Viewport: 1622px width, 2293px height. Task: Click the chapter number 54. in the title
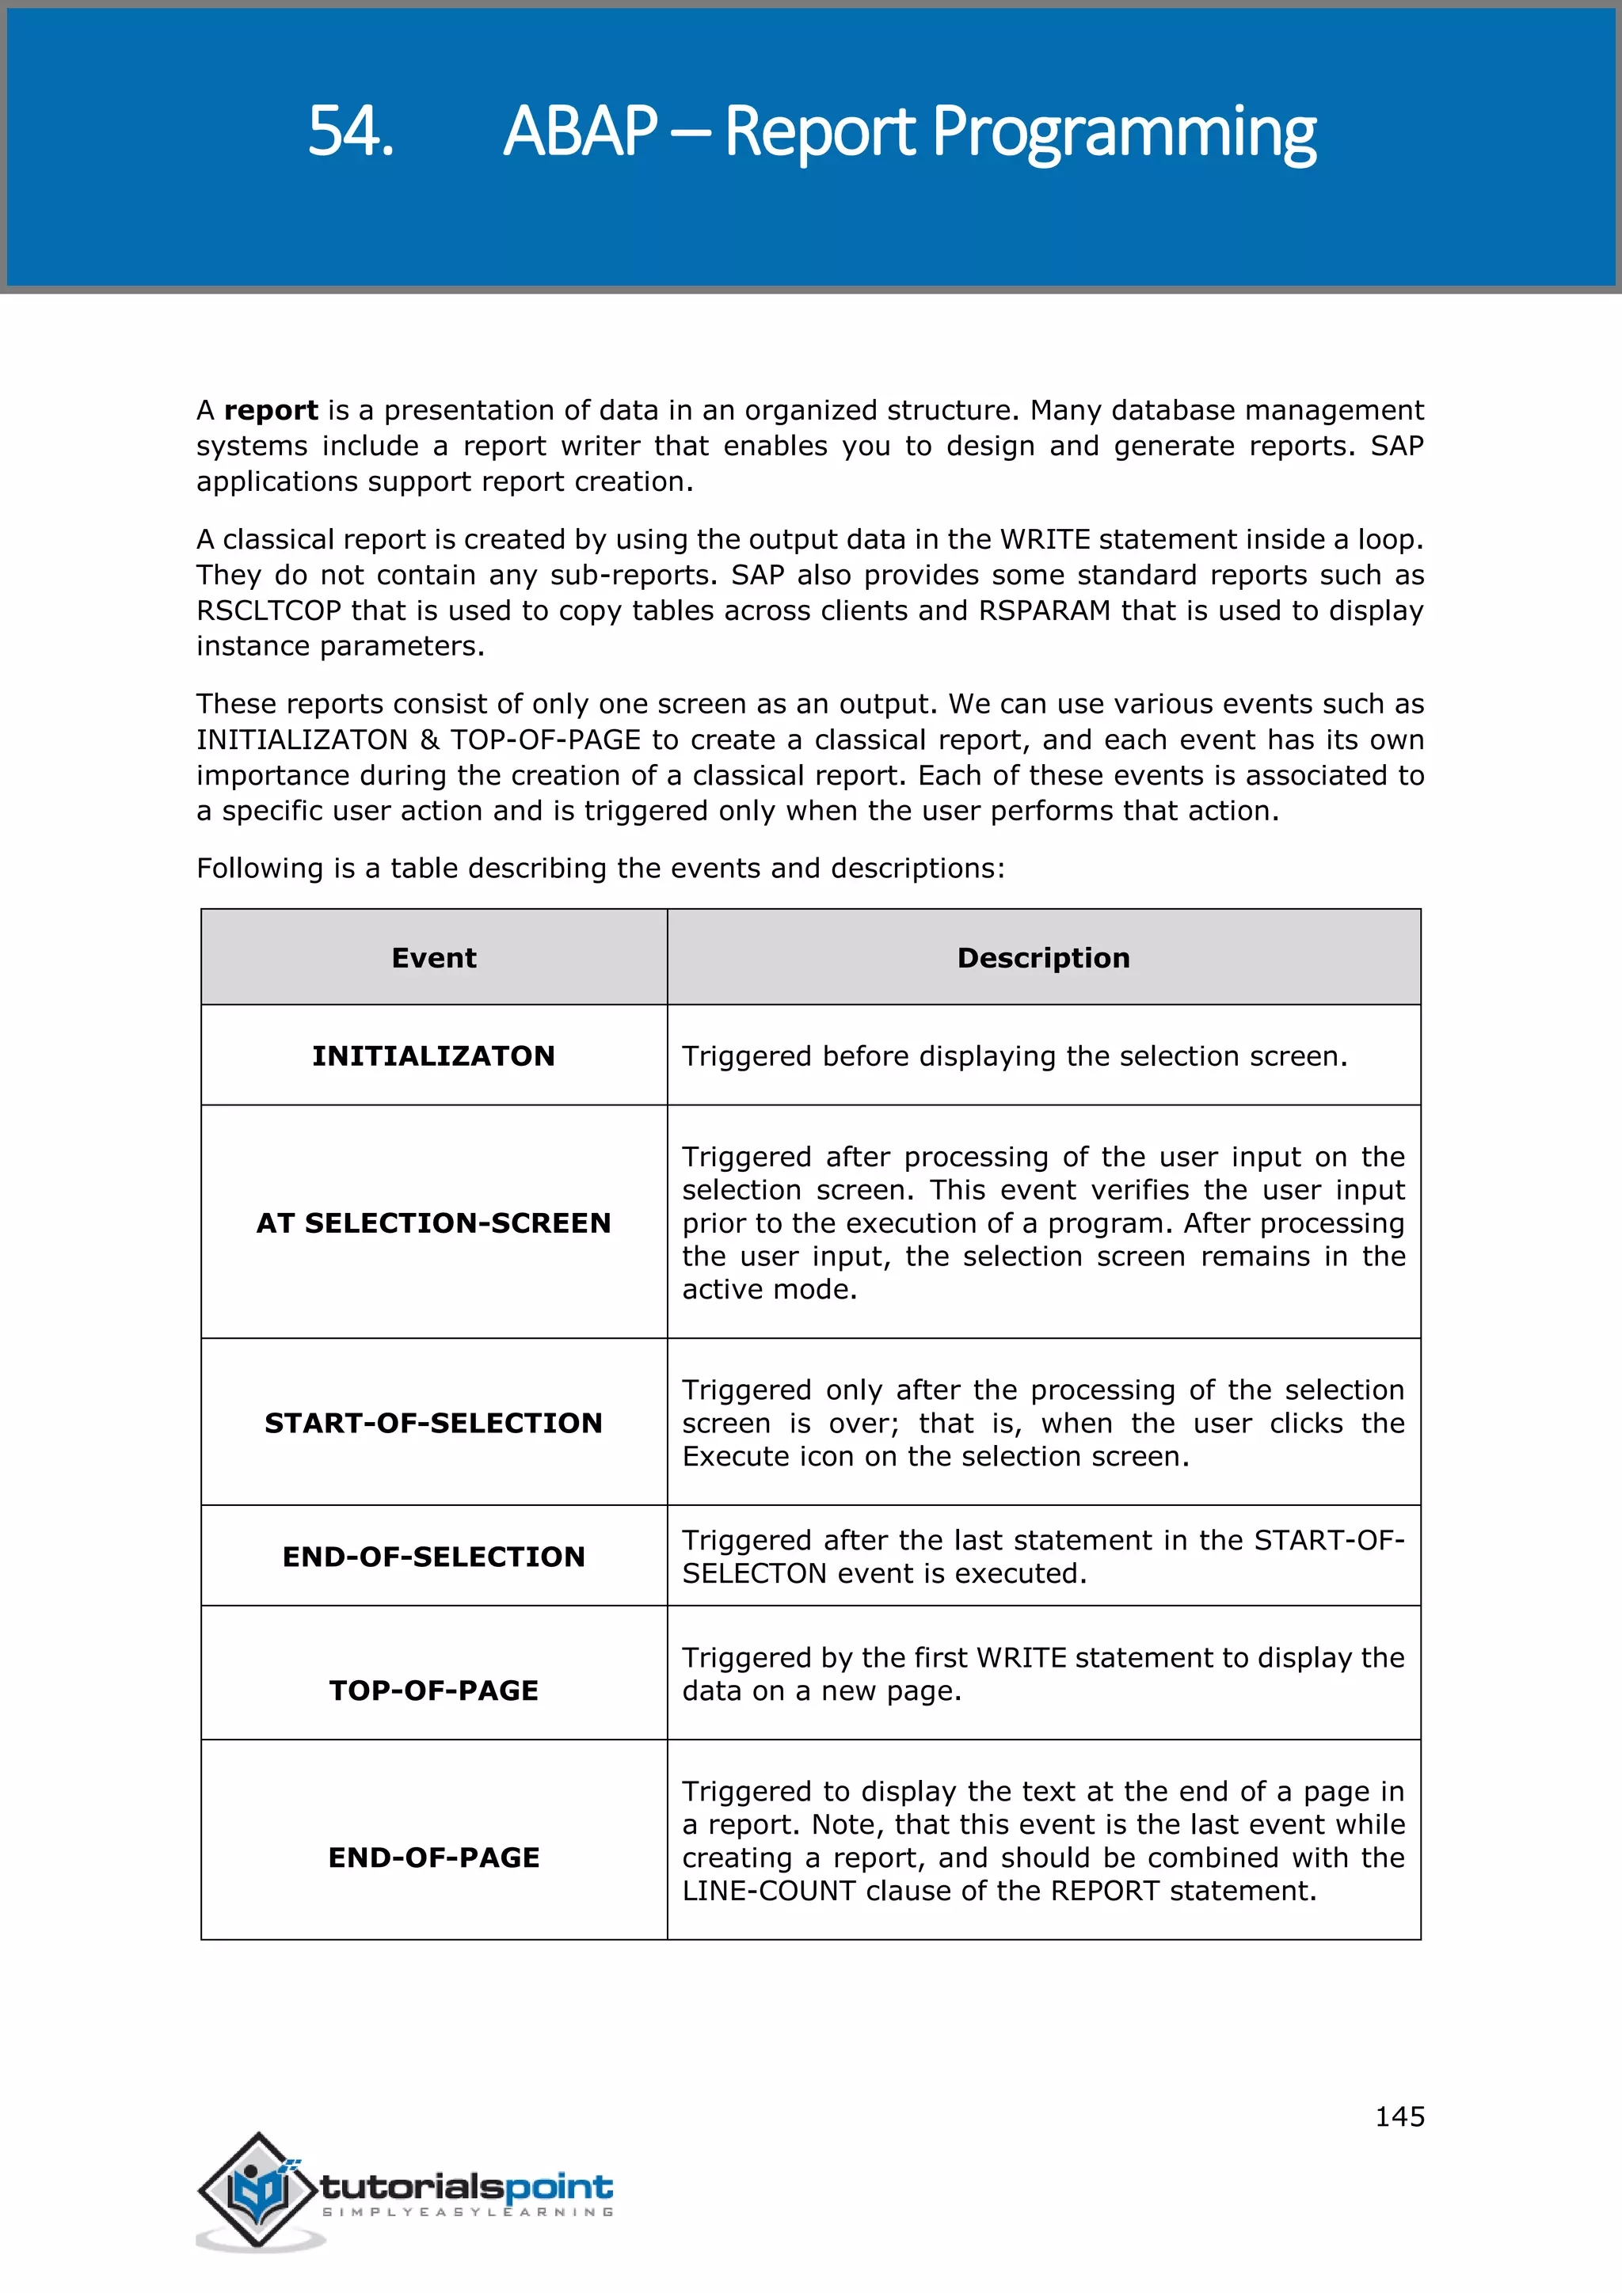click(351, 131)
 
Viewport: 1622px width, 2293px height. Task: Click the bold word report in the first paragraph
click(271, 410)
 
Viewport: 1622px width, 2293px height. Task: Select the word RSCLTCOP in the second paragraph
click(268, 610)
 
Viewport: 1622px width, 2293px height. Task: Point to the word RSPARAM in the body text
click(1044, 610)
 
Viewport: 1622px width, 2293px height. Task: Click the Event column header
click(433, 958)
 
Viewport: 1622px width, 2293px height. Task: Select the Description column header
click(1043, 958)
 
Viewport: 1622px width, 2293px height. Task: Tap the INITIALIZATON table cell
click(433, 1055)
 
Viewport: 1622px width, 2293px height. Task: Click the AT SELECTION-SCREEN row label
click(433, 1223)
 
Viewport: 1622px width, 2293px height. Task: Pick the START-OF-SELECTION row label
click(433, 1422)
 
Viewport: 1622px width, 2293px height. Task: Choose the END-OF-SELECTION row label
click(433, 1556)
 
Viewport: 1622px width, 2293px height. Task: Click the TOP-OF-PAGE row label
click(433, 1690)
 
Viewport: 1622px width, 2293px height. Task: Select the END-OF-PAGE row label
click(433, 1857)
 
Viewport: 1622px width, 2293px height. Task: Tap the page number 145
click(1399, 2116)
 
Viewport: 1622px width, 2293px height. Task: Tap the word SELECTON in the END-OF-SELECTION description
click(754, 1573)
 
